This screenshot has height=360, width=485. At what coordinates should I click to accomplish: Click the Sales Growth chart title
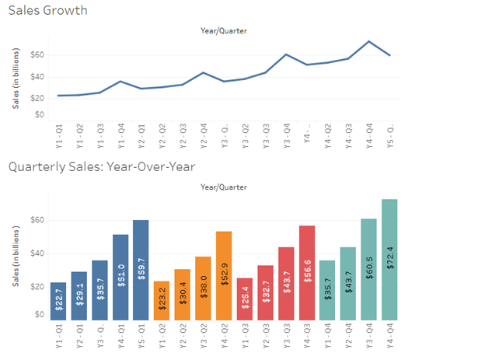pyautogui.click(x=47, y=10)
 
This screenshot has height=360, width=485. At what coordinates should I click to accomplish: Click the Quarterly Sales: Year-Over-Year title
pyautogui.click(x=101, y=166)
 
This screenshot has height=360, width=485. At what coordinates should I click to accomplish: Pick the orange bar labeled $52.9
pyautogui.click(x=224, y=275)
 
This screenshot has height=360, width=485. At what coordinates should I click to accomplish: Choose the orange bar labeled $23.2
pyautogui.click(x=162, y=300)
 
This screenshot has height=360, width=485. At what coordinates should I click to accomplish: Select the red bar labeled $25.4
pyautogui.click(x=245, y=299)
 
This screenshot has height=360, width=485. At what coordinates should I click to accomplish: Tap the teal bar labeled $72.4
pyautogui.click(x=389, y=260)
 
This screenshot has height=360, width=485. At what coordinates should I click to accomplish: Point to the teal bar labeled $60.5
pyautogui.click(x=369, y=269)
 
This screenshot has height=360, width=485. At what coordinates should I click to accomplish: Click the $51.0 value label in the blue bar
pyautogui.click(x=120, y=274)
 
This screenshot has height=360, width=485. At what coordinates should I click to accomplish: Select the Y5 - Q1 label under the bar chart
pyautogui.click(x=141, y=335)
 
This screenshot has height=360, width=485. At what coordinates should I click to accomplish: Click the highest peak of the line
pyautogui.click(x=368, y=41)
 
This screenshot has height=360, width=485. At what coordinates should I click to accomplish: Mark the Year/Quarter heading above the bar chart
pyautogui.click(x=224, y=187)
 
